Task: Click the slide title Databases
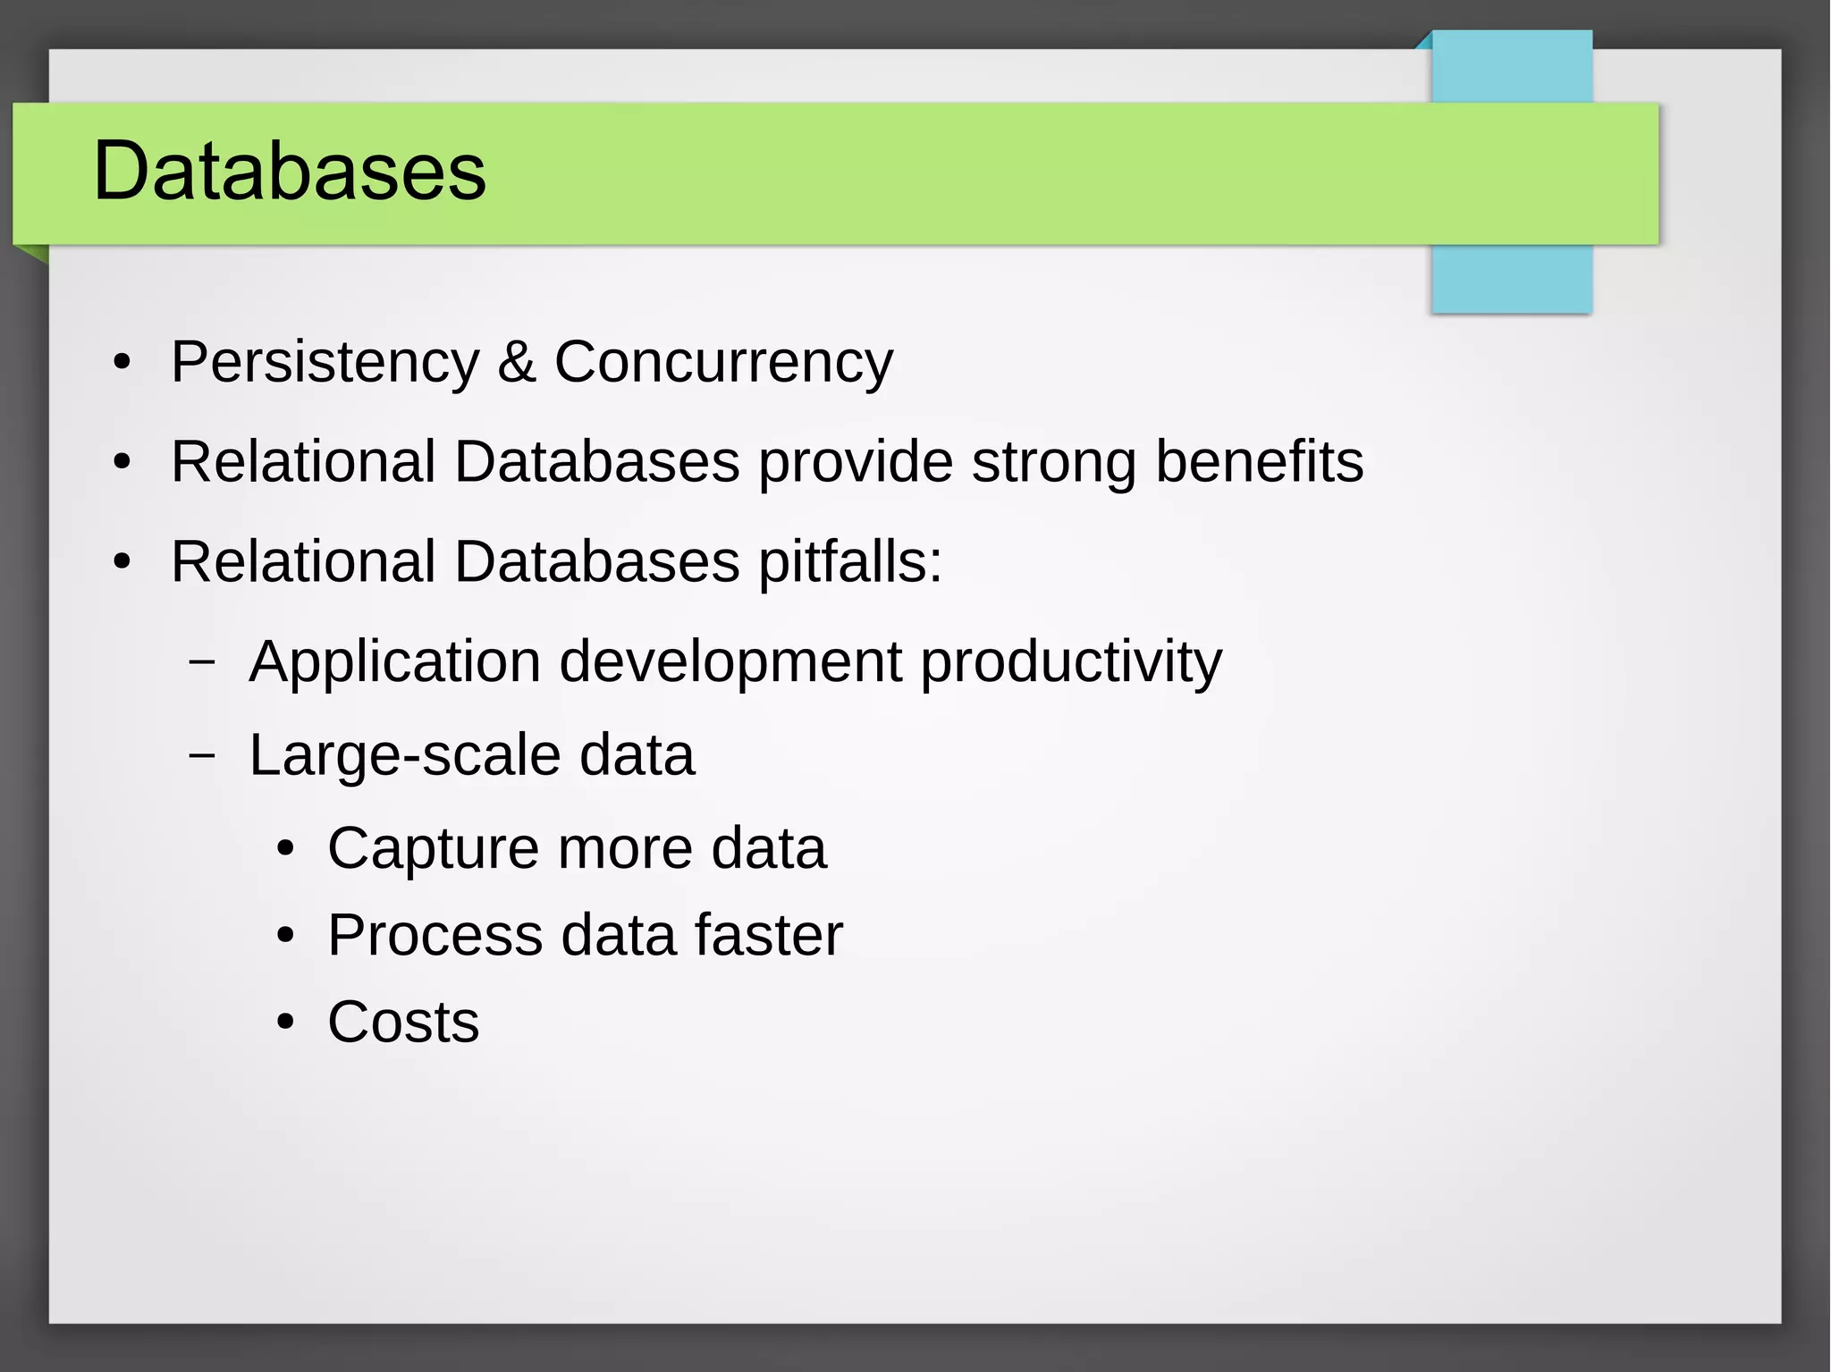[x=290, y=171]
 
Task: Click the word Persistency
[x=325, y=363]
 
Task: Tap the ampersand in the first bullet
[x=517, y=363]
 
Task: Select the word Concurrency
[x=723, y=363]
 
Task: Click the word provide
[x=856, y=463]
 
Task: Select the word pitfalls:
[x=850, y=563]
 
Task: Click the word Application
[x=395, y=663]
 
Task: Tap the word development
[x=730, y=663]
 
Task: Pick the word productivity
[x=1071, y=663]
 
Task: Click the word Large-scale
[x=405, y=756]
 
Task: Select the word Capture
[x=433, y=848]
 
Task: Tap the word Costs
[x=403, y=1022]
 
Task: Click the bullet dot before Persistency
[x=122, y=364]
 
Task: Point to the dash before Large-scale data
[x=203, y=755]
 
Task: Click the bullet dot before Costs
[x=285, y=1022]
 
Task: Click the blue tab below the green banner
[x=1511, y=278]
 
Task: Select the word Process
[x=435, y=936]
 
